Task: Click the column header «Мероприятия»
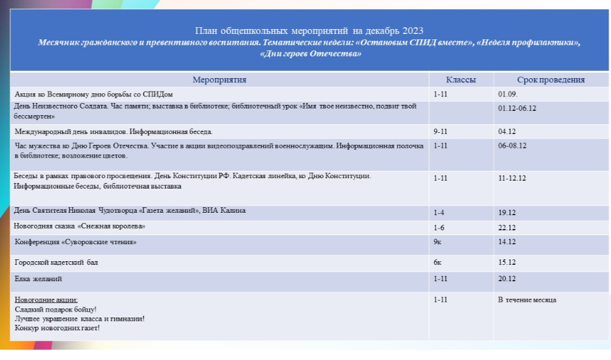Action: coord(219,79)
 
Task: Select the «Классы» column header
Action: coord(461,79)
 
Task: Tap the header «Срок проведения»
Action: coord(550,79)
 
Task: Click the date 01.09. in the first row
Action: coord(507,95)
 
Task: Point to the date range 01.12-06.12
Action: coord(517,108)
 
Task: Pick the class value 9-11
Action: coord(441,131)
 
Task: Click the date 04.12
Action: coord(507,131)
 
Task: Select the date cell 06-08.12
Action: coord(512,145)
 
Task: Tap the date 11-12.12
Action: coord(512,178)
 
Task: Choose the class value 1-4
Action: coord(439,213)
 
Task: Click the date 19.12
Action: coord(507,213)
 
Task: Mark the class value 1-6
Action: coord(439,227)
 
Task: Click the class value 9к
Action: coord(438,242)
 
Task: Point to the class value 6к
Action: coord(438,263)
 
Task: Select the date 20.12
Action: coord(507,279)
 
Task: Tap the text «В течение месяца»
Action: coord(527,300)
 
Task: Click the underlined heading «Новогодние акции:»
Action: coord(46,300)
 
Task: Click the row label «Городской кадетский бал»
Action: coord(56,262)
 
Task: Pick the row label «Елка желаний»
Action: coord(38,279)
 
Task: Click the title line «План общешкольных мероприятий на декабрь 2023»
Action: coord(309,31)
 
